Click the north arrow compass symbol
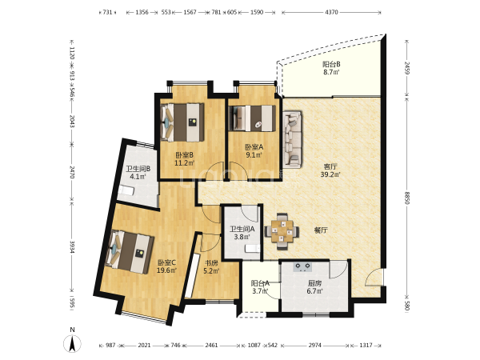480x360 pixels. pos(72,343)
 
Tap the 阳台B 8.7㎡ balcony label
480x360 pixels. pos(331,68)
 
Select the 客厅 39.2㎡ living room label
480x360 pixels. pos(330,170)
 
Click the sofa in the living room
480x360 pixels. pos(292,139)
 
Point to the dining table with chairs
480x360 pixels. pos(282,231)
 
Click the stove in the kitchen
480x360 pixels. pos(302,267)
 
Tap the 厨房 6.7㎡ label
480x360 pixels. pos(315,287)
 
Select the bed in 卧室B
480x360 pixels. pos(182,122)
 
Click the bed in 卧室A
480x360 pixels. pos(253,118)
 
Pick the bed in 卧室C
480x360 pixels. pos(130,252)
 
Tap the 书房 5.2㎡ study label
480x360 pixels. pos(211,266)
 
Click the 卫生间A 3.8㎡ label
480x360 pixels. pos(242,233)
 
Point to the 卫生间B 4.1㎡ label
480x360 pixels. pos(138,172)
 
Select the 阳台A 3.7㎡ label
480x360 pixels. pos(260,287)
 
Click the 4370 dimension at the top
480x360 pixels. pos(331,12)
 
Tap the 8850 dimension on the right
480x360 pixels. pos(406,198)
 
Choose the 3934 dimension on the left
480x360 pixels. pos(72,246)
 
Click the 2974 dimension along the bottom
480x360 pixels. pos(314,346)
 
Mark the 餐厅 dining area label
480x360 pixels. pos(321,230)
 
